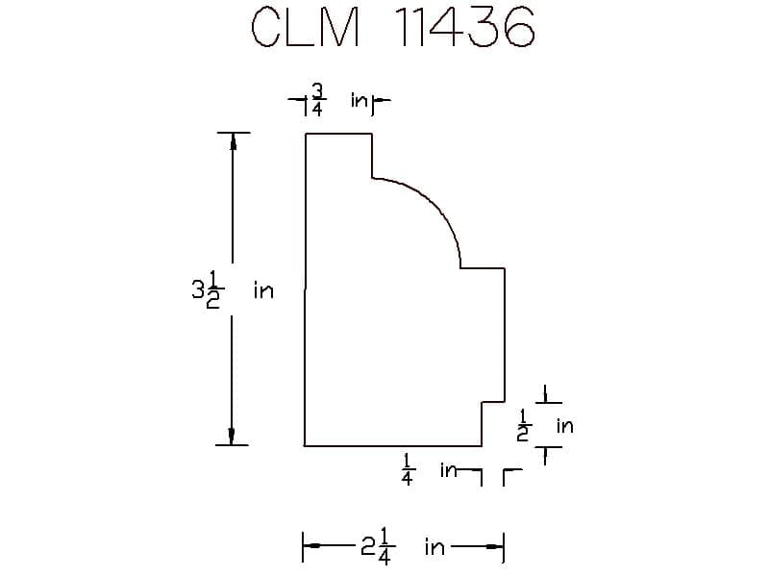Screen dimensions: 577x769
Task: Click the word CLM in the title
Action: [305, 28]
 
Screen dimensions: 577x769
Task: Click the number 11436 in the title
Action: [465, 28]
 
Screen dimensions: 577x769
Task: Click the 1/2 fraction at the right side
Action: [524, 424]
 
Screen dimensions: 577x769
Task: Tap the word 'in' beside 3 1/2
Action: [263, 289]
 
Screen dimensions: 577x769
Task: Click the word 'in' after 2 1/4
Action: [434, 548]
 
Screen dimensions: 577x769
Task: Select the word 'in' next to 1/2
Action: [564, 425]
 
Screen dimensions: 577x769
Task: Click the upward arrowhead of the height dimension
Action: [232, 141]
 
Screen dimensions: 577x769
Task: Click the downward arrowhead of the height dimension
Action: [232, 437]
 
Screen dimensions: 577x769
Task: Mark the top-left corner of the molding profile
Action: [306, 135]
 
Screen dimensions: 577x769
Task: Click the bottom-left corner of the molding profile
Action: [306, 446]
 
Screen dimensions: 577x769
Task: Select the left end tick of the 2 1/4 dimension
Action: [304, 547]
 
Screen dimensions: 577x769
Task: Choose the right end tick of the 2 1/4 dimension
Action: [504, 547]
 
